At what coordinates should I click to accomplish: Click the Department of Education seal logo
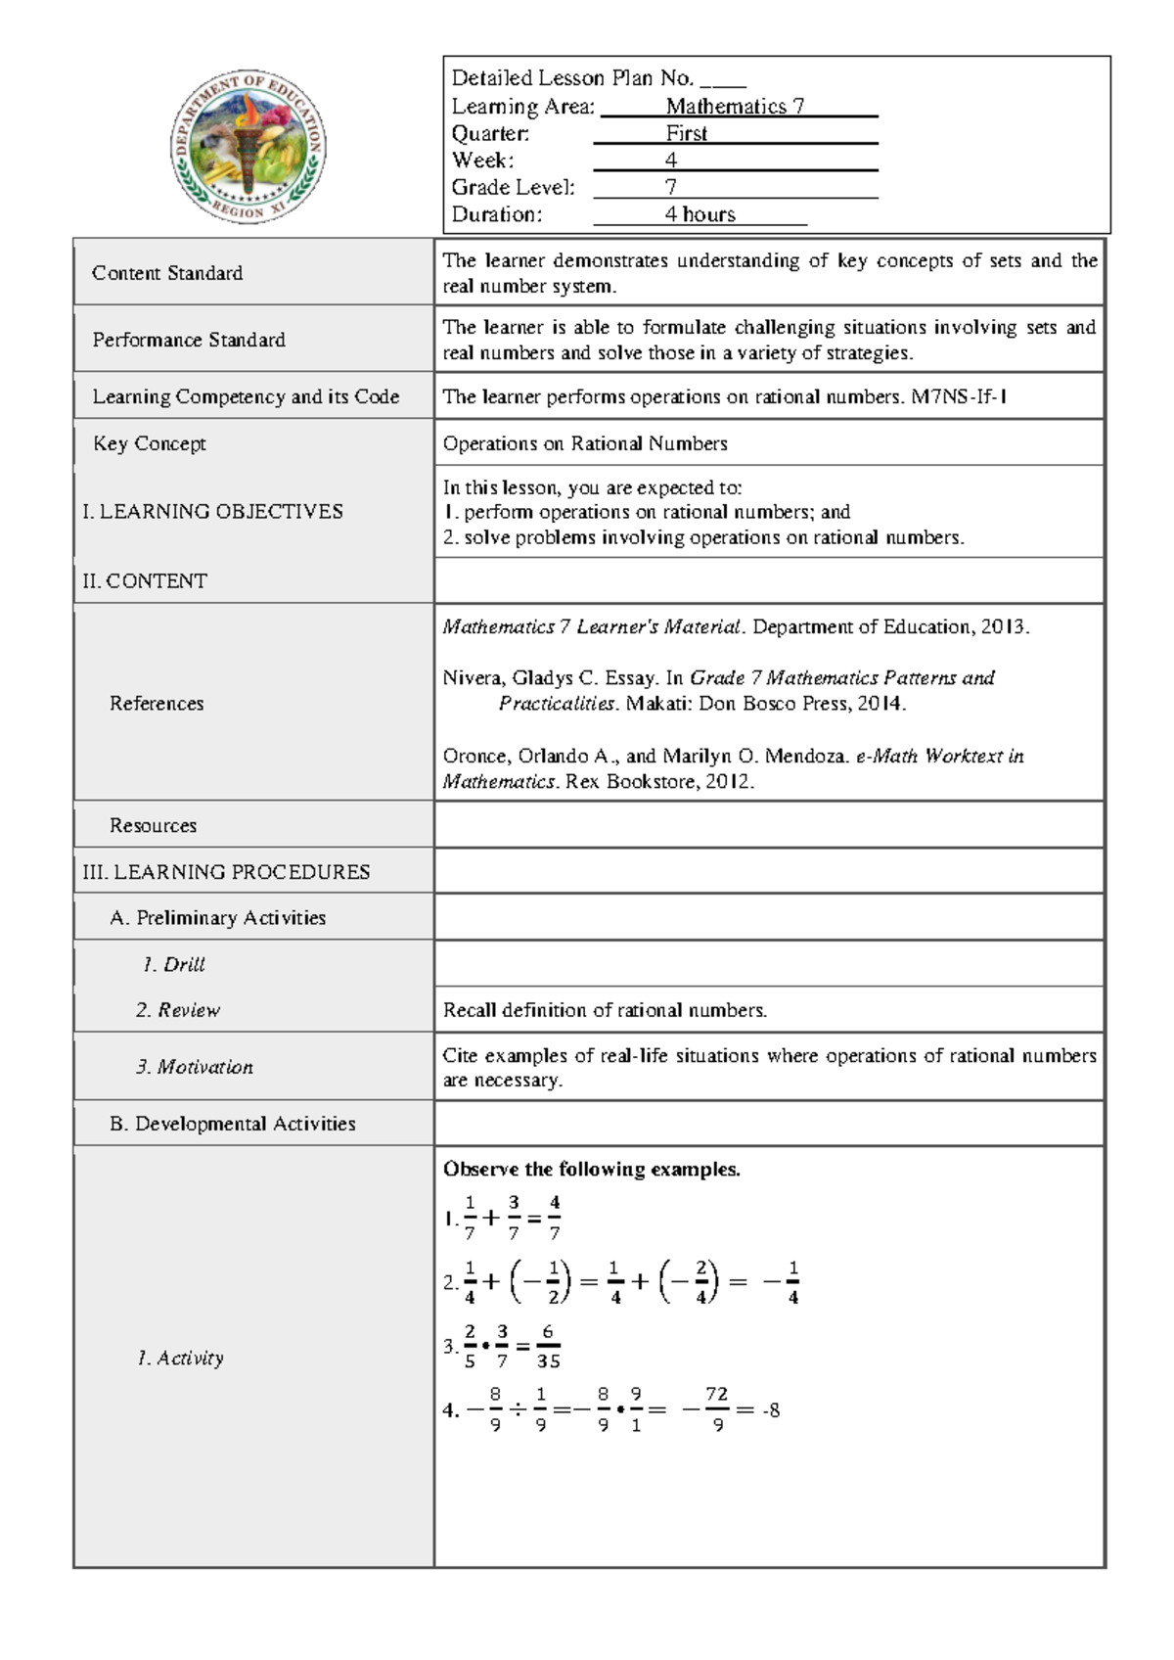point(248,147)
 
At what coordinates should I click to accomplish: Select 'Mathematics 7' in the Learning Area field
point(735,107)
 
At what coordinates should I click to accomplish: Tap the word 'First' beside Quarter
point(686,134)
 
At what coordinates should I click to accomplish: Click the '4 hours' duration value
point(700,214)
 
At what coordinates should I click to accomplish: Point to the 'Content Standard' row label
point(167,273)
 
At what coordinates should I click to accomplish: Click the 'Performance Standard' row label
point(189,340)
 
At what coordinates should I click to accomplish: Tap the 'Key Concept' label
point(150,443)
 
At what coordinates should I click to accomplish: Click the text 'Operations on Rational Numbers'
point(585,443)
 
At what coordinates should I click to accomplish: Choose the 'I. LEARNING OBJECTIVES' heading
point(212,511)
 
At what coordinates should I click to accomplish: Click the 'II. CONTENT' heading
point(145,581)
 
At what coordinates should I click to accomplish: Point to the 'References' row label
point(157,703)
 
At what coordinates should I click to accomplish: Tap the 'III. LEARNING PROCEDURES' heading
point(226,872)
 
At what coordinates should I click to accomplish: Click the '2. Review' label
point(178,1010)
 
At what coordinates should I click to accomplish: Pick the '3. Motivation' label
point(195,1067)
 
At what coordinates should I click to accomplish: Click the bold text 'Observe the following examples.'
point(592,1170)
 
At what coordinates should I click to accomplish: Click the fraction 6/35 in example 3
point(548,1347)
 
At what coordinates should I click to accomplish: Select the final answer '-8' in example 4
point(771,1411)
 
